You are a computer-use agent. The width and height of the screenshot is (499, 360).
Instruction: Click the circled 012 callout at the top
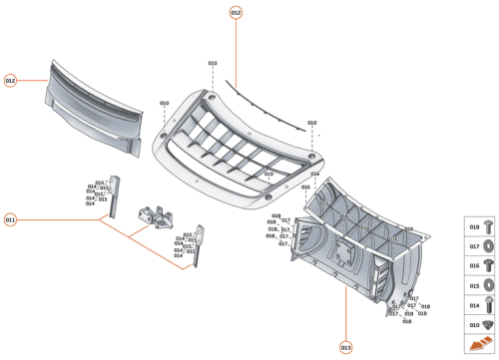point(236,13)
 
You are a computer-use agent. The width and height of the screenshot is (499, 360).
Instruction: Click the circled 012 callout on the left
point(10,80)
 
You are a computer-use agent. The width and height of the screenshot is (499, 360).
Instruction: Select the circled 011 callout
point(10,218)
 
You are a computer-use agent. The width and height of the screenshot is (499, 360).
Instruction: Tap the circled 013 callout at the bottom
point(345,347)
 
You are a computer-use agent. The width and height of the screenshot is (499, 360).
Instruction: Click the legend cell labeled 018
point(480,226)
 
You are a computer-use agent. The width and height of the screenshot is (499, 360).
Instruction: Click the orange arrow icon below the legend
point(480,344)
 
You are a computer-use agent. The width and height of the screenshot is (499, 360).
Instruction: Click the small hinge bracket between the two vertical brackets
point(156,213)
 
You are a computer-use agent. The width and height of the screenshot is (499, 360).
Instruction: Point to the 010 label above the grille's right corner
point(311,123)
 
